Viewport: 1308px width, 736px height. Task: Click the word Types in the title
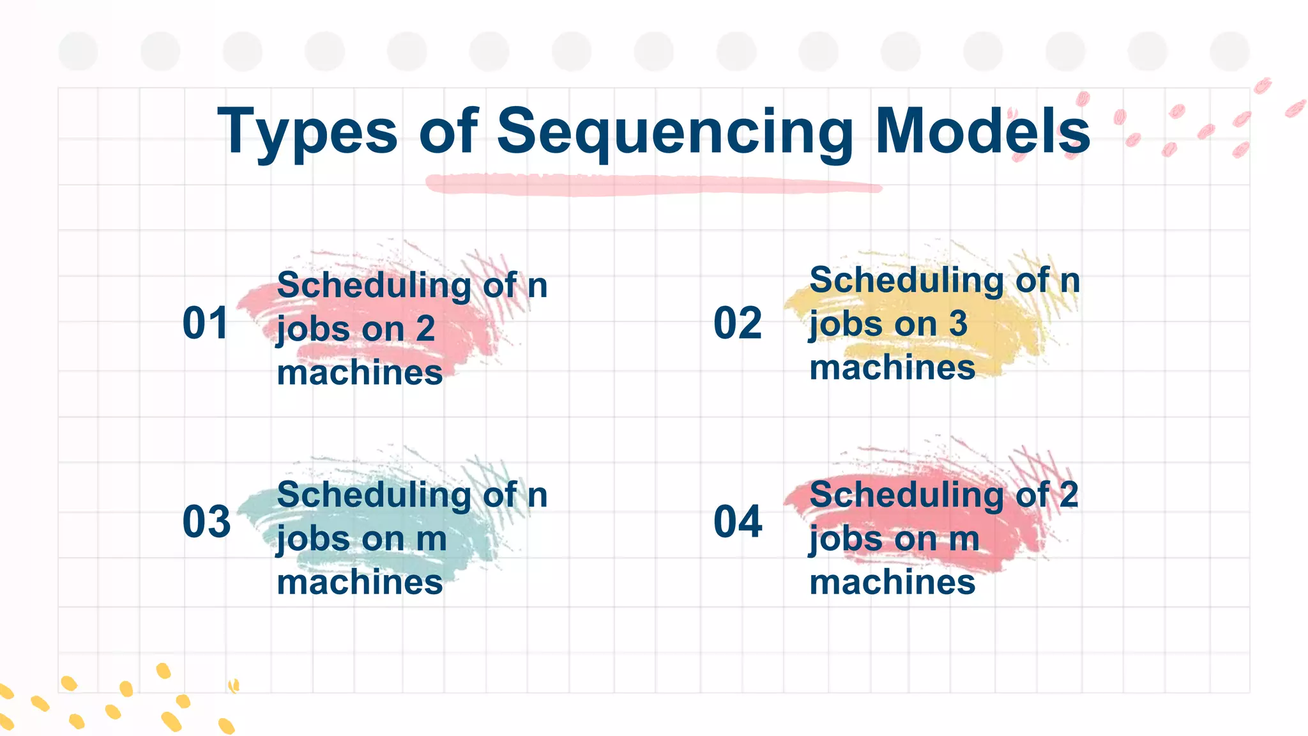307,132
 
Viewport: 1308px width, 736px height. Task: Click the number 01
205,323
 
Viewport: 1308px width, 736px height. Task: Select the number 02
738,323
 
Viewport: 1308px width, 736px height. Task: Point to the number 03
206,522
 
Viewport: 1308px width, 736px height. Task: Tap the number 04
738,522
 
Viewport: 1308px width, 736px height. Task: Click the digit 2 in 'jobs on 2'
425,329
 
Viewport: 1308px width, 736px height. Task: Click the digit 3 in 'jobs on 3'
957,324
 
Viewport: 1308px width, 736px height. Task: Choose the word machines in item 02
892,368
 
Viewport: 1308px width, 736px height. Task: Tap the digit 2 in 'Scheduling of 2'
1068,495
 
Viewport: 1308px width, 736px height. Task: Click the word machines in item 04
892,583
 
